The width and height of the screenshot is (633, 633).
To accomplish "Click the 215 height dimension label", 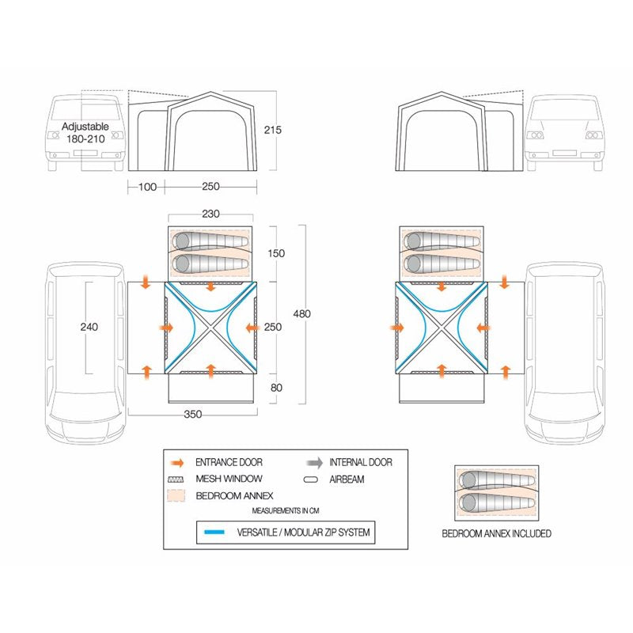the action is click(272, 130).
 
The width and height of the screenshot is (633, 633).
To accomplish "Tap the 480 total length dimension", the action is click(302, 313).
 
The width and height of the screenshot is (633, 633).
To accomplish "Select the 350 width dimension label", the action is click(192, 414).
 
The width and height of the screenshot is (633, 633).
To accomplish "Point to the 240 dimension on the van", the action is click(89, 327).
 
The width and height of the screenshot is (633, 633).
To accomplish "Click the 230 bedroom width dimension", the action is click(210, 214).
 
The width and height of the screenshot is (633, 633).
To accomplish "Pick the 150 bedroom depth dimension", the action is click(276, 253).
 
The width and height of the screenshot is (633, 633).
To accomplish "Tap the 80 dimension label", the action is click(276, 388).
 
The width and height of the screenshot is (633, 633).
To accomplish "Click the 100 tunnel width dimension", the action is click(147, 187).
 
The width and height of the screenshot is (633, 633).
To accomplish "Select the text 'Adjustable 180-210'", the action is click(85, 132).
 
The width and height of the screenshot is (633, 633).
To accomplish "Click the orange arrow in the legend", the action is click(176, 463).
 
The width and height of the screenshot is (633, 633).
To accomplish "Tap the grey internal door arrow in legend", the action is click(314, 463).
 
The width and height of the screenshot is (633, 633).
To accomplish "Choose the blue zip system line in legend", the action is click(214, 532).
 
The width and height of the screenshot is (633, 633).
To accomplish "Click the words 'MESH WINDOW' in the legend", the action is click(229, 479).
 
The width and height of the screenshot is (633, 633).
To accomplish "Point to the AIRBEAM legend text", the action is click(347, 479).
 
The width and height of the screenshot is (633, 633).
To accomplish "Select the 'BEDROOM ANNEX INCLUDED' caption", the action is click(497, 533).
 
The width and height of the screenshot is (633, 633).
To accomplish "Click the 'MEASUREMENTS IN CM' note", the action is click(286, 510).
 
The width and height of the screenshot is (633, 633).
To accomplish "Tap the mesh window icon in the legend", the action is click(176, 479).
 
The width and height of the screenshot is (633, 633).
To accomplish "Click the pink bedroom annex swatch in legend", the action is click(176, 496).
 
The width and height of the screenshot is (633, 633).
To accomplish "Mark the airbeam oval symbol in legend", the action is click(310, 479).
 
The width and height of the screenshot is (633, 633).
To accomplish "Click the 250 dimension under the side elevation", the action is click(210, 187).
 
